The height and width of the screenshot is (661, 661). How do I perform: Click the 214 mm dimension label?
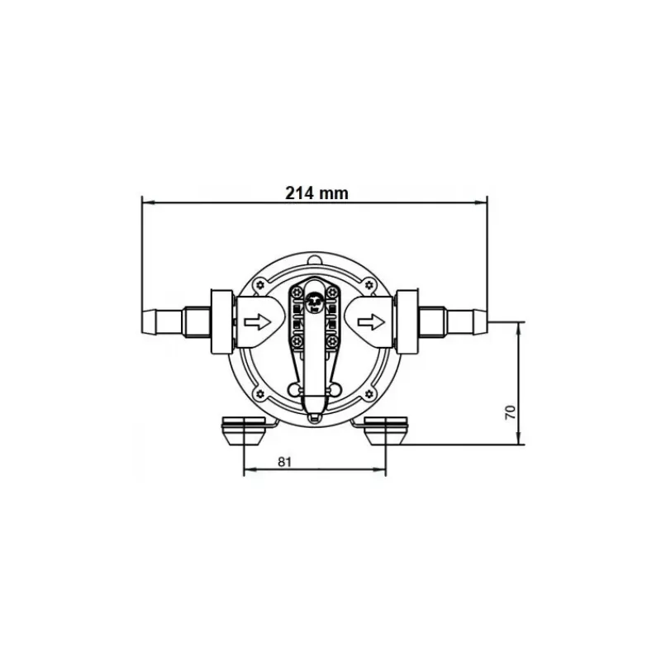[x=317, y=193]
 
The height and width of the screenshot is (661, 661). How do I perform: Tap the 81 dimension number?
[x=285, y=462]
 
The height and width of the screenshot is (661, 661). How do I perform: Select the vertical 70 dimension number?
[x=510, y=411]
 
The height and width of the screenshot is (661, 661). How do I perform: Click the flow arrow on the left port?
[x=257, y=322]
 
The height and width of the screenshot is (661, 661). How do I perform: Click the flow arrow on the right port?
[x=371, y=322]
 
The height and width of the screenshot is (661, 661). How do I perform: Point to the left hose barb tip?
[x=142, y=322]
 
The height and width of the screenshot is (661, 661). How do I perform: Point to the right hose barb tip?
[x=487, y=322]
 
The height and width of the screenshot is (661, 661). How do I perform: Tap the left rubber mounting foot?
[x=244, y=430]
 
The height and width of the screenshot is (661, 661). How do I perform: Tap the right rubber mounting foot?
[x=386, y=430]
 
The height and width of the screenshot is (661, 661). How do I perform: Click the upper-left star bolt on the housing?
[x=260, y=285]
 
